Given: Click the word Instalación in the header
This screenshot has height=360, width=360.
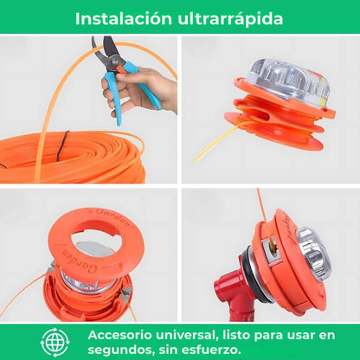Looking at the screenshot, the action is [124, 18].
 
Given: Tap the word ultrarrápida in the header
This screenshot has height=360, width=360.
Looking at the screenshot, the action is [230, 19].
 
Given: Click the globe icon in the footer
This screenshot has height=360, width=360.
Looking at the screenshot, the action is [55, 342].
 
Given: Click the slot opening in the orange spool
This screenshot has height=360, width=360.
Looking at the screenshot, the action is [264, 116].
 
